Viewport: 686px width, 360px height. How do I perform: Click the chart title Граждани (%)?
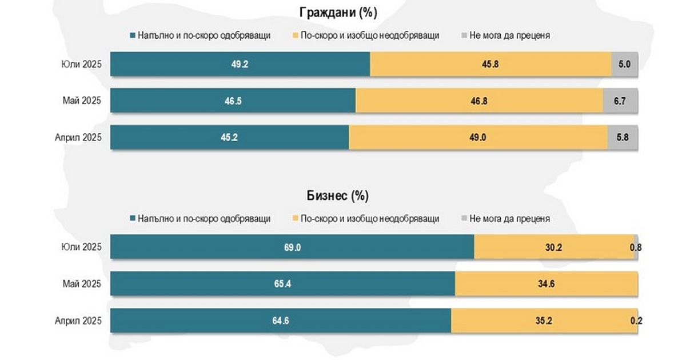point(338,13)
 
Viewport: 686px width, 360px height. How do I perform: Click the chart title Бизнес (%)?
point(338,196)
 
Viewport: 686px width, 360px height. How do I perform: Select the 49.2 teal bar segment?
point(240,64)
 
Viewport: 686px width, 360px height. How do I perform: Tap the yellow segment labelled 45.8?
point(490,64)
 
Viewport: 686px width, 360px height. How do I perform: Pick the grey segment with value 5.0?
point(624,64)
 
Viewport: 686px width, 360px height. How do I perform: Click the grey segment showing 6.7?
point(620,101)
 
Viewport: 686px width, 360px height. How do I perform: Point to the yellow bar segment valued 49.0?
point(478,137)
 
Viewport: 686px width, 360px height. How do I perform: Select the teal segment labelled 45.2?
point(229,137)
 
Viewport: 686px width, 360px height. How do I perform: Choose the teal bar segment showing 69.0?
point(292,247)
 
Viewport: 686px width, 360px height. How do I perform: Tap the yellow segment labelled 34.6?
point(547,283)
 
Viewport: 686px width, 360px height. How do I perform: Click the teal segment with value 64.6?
point(281,320)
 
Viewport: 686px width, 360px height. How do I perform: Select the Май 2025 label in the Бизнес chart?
point(82,283)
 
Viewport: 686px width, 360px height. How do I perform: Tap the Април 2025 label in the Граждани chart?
point(78,137)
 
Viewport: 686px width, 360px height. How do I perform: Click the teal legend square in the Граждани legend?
point(133,35)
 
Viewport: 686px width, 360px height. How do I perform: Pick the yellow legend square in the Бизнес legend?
point(295,219)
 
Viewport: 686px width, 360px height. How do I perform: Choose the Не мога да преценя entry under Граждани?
point(509,35)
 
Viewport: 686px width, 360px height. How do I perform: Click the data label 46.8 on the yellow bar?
point(479,101)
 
